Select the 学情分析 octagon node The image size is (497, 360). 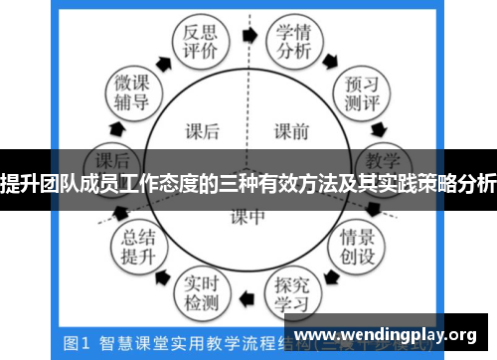(x=292, y=41)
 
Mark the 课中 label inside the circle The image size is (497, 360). (x=248, y=215)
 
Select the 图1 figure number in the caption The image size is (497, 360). (x=77, y=343)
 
